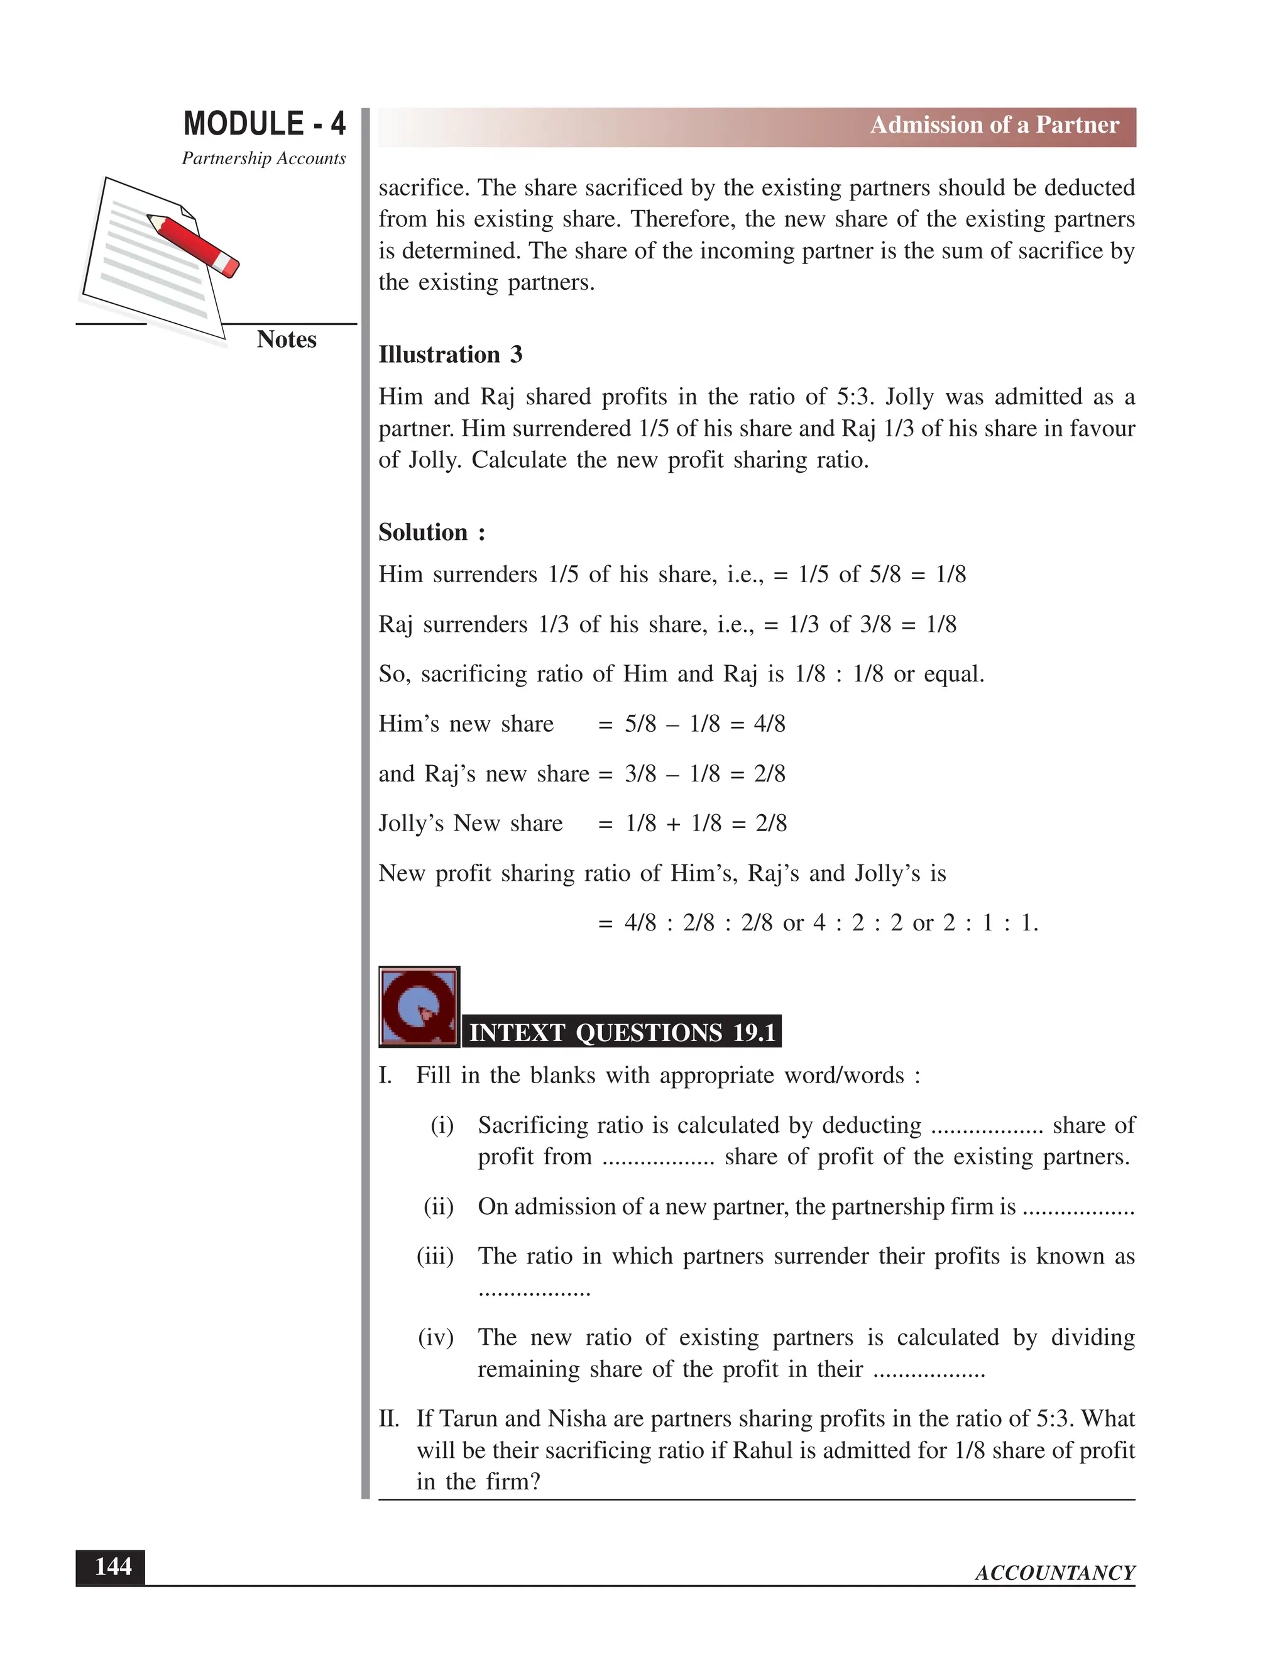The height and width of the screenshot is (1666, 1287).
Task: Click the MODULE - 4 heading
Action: [x=264, y=124]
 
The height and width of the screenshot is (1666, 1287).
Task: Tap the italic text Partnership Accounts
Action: [x=263, y=158]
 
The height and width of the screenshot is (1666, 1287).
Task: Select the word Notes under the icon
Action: [x=286, y=339]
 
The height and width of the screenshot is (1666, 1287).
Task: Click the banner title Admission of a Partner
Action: [x=994, y=125]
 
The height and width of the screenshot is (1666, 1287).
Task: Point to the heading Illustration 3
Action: [x=450, y=355]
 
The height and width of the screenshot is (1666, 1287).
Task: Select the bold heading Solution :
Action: [x=432, y=532]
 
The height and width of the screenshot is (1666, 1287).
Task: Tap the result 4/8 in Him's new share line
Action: [x=769, y=724]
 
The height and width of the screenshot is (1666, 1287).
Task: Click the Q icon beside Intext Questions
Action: [x=419, y=1007]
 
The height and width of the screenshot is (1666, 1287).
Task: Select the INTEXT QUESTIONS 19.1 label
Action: [x=622, y=1032]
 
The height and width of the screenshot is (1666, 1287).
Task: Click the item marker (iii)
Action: [x=435, y=1256]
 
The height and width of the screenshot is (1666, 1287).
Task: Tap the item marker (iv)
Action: [x=435, y=1337]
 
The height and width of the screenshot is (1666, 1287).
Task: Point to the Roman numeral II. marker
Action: [x=389, y=1419]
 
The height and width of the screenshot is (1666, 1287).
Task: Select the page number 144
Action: [x=111, y=1567]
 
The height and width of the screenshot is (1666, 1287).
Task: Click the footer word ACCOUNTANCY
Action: [x=1054, y=1573]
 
